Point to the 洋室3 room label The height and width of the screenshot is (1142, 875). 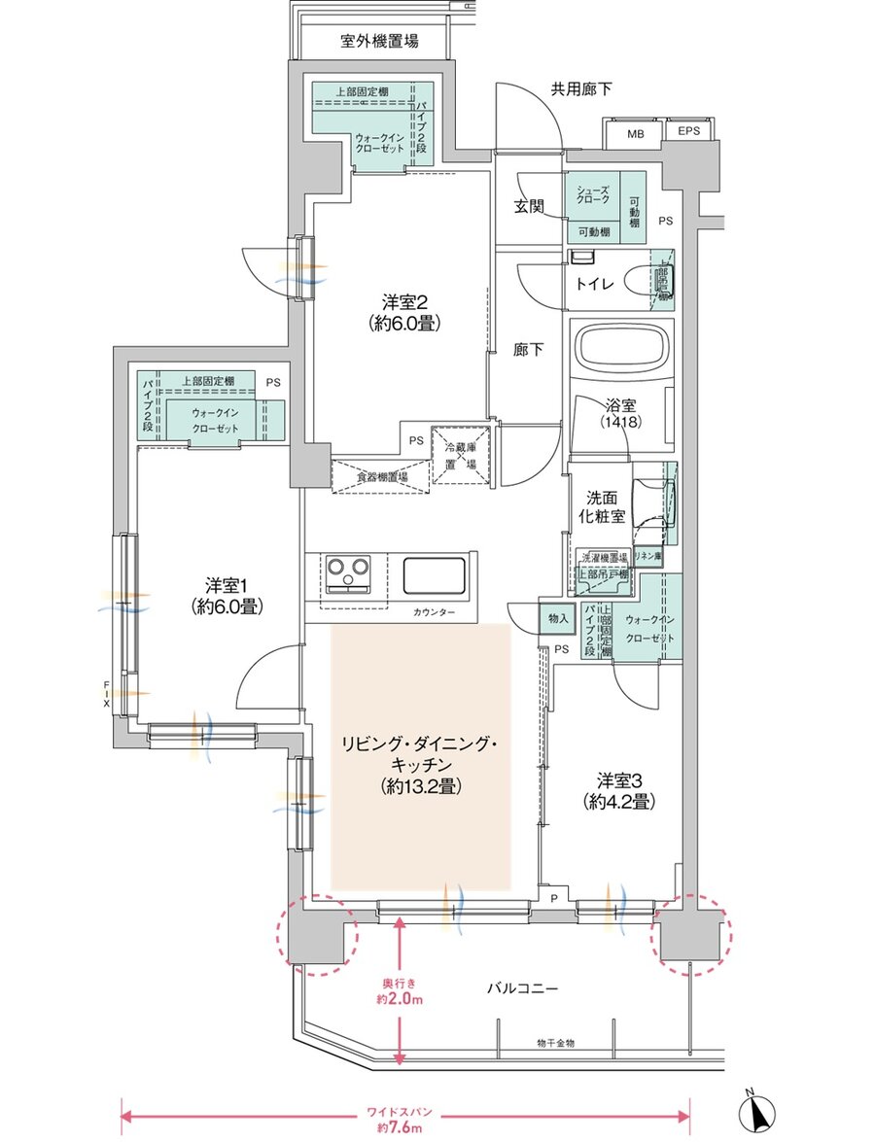click(617, 790)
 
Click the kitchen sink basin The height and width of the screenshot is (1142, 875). click(437, 576)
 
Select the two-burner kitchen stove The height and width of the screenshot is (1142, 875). click(347, 573)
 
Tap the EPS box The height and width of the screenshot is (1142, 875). click(688, 131)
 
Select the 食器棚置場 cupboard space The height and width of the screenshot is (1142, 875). click(380, 476)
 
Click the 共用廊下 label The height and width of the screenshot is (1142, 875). click(581, 89)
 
